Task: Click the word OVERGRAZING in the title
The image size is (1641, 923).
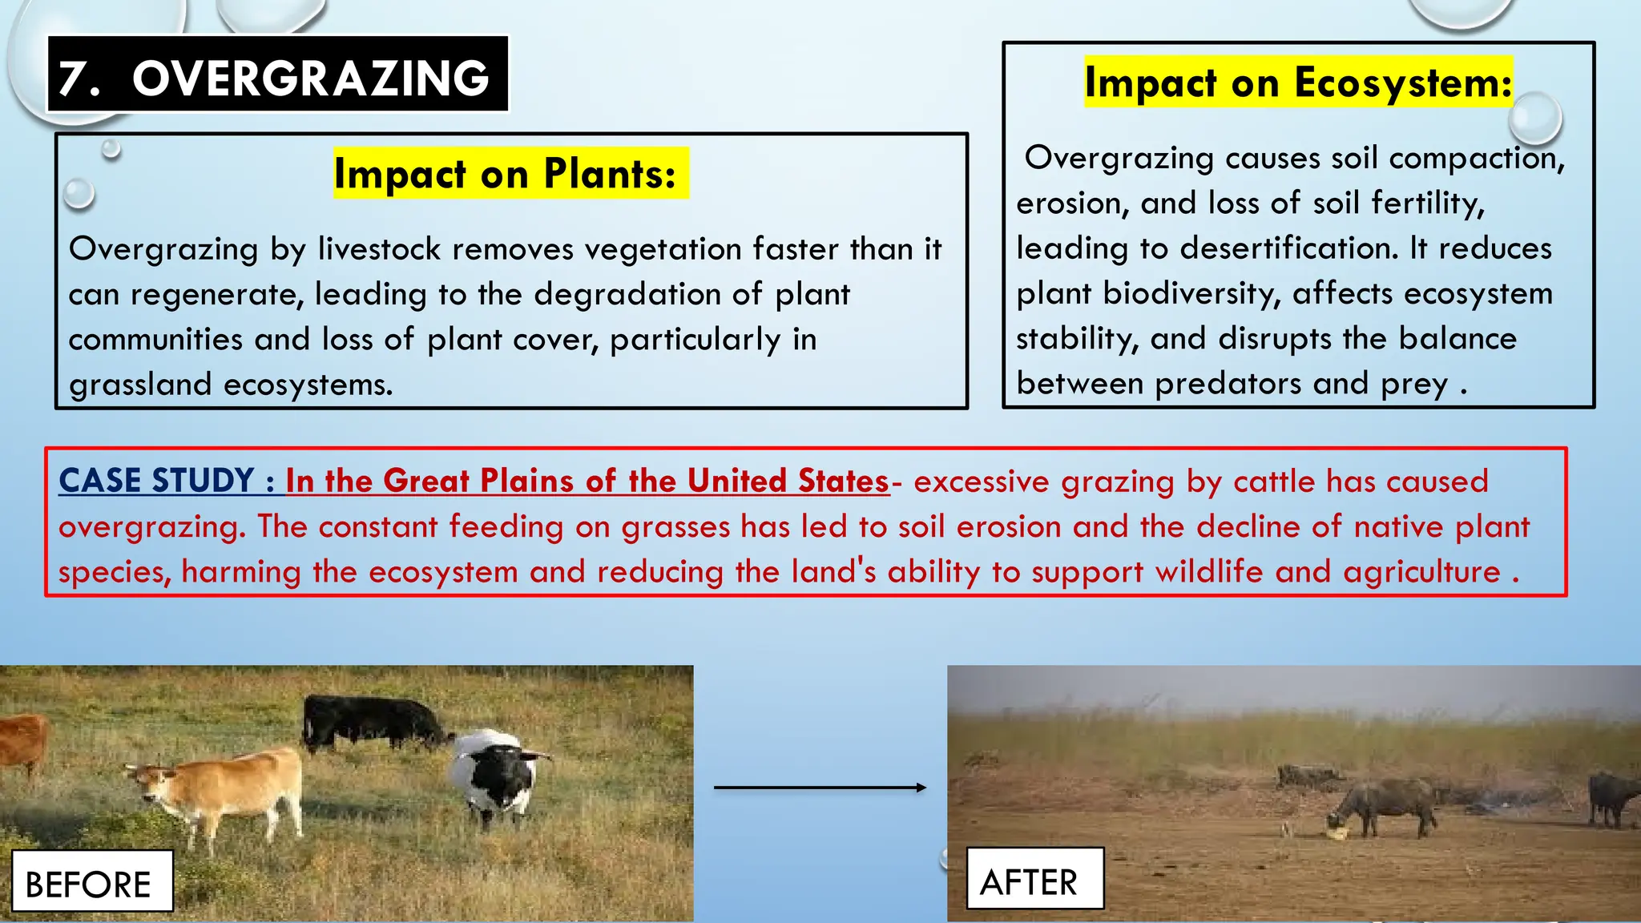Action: [x=310, y=79]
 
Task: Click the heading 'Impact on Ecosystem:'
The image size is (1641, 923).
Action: [x=1298, y=82]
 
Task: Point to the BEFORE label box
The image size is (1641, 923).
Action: [x=92, y=881]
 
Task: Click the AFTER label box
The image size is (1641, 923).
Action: [x=1034, y=879]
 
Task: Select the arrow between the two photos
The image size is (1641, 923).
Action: [x=820, y=788]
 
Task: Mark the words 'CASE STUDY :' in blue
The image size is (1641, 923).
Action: [x=167, y=481]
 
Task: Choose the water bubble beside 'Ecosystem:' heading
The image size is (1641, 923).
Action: [x=1534, y=118]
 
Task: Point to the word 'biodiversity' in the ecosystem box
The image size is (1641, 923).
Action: [x=1191, y=293]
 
